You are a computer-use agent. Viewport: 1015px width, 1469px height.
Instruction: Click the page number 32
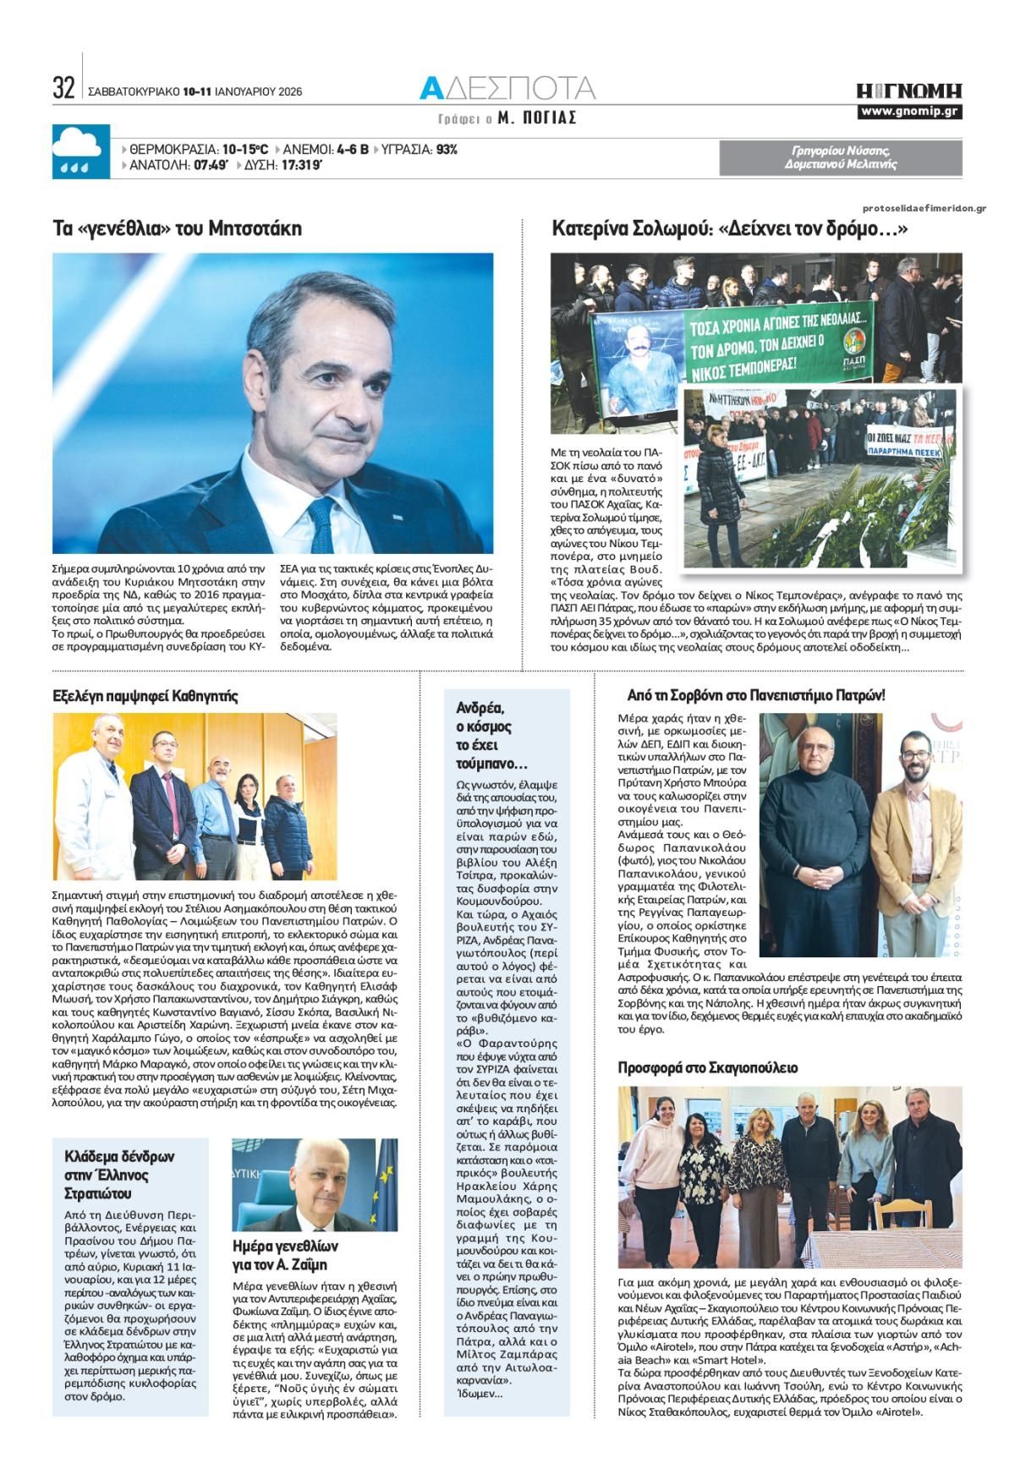(63, 88)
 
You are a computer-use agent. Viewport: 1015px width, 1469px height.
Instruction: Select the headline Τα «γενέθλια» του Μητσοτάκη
(177, 228)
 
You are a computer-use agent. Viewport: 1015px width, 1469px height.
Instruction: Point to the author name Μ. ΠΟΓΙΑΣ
(537, 118)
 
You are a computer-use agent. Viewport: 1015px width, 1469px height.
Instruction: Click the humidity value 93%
(447, 150)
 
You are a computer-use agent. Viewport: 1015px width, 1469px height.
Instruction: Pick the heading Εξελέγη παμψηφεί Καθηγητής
(145, 696)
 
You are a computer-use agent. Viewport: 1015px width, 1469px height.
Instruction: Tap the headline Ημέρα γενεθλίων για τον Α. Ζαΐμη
(285, 1255)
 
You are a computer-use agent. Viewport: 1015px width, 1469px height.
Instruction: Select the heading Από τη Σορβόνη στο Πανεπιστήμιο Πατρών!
(756, 696)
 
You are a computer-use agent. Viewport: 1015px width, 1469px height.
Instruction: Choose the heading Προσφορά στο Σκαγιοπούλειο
(708, 1067)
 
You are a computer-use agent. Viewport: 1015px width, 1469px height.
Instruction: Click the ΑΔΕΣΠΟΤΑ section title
(507, 88)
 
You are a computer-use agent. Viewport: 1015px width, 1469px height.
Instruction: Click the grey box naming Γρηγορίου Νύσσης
(840, 157)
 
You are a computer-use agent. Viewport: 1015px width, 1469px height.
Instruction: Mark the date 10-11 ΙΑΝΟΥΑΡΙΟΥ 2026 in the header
(242, 92)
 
